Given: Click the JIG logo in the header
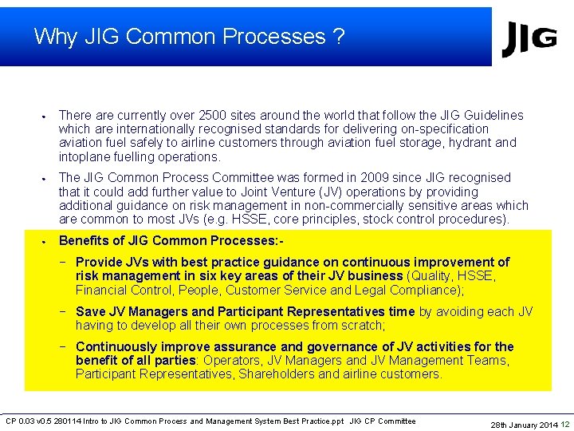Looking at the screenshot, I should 529,38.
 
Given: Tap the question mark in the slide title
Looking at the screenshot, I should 339,37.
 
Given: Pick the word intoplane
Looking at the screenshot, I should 85,157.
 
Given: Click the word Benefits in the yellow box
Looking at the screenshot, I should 85,241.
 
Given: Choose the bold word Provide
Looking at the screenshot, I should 99,263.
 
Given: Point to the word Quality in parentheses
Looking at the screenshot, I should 431,276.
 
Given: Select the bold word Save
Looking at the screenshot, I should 90,312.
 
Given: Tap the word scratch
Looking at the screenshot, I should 361,326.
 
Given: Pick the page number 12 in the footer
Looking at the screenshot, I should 564,425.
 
